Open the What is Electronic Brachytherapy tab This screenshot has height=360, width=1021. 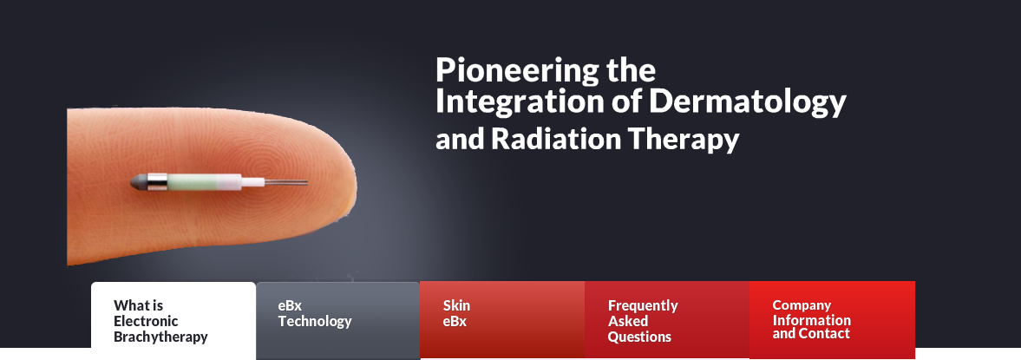click(x=173, y=320)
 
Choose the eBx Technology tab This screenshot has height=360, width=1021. click(x=338, y=320)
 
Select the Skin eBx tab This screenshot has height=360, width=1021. click(x=502, y=319)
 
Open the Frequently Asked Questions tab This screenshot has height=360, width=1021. click(x=667, y=319)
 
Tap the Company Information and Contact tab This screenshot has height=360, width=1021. click(x=832, y=319)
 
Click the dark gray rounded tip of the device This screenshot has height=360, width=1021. click(x=139, y=182)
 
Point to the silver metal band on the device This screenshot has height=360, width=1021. click(x=158, y=182)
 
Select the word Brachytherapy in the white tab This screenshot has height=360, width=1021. click(x=160, y=337)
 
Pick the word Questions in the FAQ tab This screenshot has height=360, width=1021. click(x=639, y=337)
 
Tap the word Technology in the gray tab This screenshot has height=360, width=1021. click(x=315, y=322)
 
